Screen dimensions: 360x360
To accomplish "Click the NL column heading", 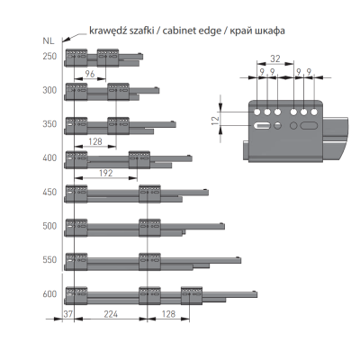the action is [49, 40].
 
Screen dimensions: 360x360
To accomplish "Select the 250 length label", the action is [49, 56].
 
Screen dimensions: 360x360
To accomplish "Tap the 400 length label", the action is [49, 157].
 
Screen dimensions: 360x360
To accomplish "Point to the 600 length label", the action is [49, 294].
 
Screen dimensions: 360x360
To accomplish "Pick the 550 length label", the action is [49, 260].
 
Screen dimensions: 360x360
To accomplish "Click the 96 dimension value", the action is [90, 74].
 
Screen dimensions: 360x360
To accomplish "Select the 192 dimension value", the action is [105, 173].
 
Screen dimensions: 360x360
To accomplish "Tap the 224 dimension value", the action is [111, 314].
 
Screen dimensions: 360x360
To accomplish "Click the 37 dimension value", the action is [68, 314].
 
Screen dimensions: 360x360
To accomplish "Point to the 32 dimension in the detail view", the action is [275, 58].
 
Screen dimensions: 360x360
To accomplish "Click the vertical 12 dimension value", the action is [215, 121].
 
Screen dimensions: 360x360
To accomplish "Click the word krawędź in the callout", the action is [105, 31].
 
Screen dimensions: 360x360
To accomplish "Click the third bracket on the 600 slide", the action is [192, 296].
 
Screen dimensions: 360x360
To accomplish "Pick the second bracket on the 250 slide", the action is [108, 58].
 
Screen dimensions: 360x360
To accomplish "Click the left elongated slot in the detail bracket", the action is [262, 125].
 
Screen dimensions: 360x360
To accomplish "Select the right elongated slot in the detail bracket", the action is [309, 125].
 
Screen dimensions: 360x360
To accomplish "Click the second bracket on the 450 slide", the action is [149, 193].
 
